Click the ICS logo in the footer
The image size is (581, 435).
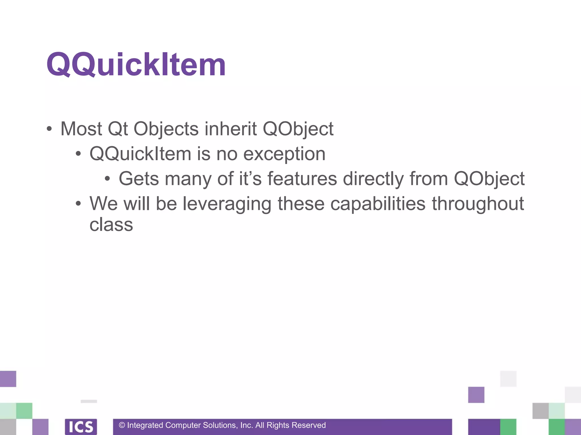81,427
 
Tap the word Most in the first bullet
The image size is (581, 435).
81,129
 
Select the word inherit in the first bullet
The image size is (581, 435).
230,129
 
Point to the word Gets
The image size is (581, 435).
138,179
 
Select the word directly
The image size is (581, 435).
373,179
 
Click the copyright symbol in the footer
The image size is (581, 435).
122,425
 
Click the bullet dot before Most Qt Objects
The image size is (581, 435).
49,129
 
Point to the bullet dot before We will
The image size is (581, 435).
78,204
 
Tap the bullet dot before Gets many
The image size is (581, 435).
107,179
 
